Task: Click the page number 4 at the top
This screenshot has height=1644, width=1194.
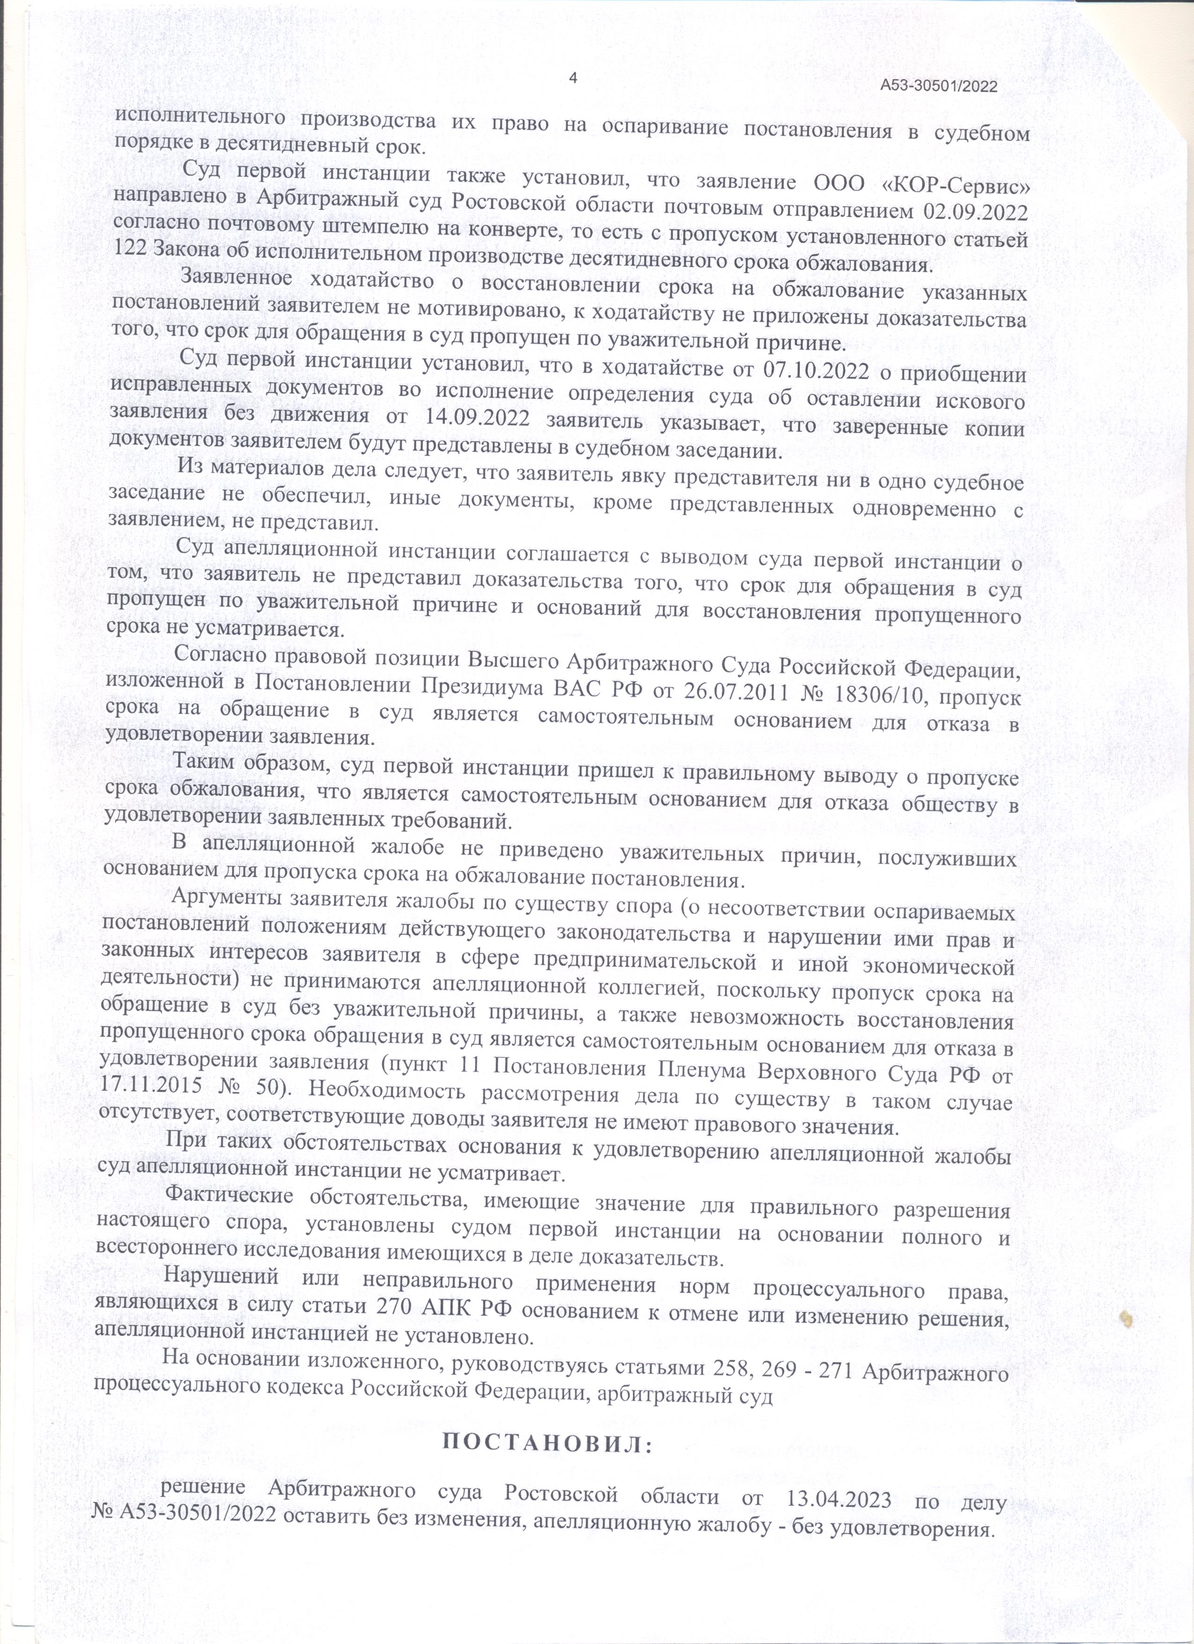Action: [574, 78]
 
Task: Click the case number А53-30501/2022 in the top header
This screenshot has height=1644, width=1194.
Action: [939, 86]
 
